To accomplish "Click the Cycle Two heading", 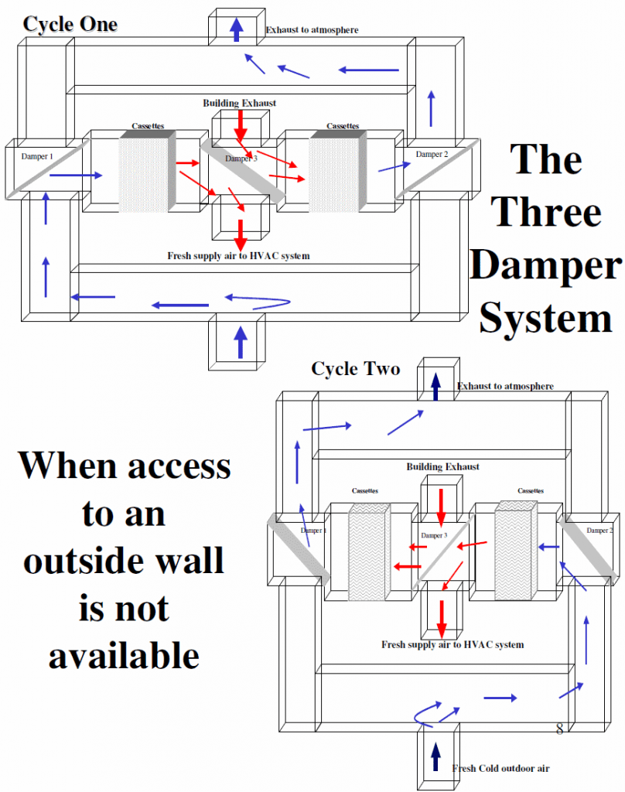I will (x=355, y=369).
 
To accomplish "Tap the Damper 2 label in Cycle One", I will (x=432, y=155).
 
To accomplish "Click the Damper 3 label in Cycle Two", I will (x=433, y=535).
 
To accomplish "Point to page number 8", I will (x=559, y=729).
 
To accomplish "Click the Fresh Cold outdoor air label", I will (x=500, y=768).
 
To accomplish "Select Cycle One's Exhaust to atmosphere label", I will (x=312, y=30).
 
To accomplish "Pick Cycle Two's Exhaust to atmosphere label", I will (x=505, y=386).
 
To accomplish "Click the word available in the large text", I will (x=124, y=655).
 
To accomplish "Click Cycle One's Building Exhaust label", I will (x=239, y=103).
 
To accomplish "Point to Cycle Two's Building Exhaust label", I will (x=442, y=467).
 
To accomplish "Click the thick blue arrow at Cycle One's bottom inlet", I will (x=240, y=341).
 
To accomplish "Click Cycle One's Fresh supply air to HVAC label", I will (x=238, y=256).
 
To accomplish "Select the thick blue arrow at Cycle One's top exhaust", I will (x=237, y=29).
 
